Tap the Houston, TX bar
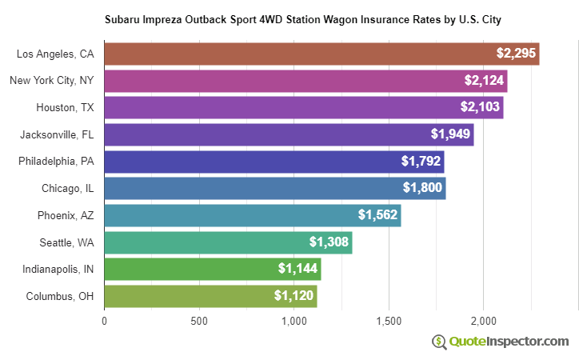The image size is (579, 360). click(304, 108)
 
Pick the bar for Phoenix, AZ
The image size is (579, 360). click(252, 215)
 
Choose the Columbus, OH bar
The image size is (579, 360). click(210, 296)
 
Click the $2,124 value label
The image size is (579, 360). click(483, 81)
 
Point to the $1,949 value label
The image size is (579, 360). click(450, 134)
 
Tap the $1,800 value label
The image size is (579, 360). click(422, 189)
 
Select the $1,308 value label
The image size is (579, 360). click(329, 242)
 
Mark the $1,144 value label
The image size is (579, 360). click(297, 269)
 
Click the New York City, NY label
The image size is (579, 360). click(51, 81)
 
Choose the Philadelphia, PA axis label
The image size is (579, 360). click(56, 162)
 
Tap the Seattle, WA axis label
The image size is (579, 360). click(66, 242)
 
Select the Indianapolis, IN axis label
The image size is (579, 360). click(58, 269)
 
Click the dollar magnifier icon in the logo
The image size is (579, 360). click(439, 342)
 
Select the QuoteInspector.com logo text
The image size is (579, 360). click(509, 342)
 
